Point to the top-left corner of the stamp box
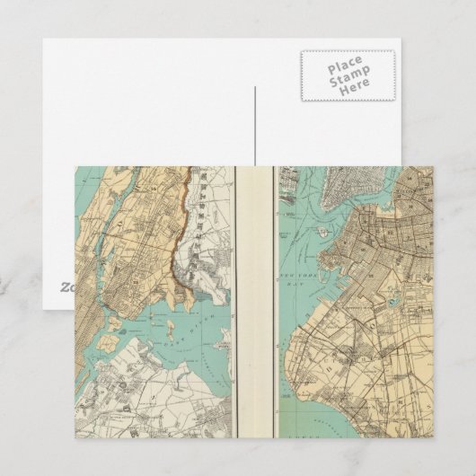tap(301, 51)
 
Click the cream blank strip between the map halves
tap(255, 314)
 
